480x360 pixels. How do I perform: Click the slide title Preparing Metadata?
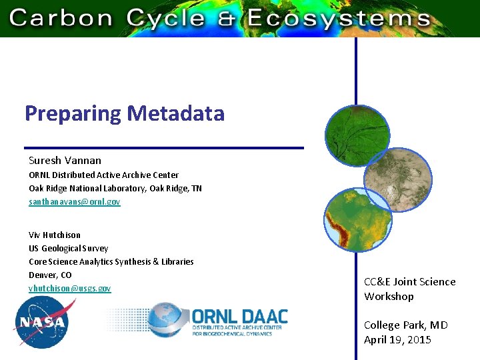click(125, 114)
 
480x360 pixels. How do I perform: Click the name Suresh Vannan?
click(65, 161)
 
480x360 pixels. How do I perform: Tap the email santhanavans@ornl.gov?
click(75, 201)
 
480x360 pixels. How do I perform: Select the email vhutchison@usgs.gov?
click(70, 288)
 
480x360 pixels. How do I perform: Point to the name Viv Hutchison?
click(55, 235)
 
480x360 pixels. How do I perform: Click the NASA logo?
click(41, 323)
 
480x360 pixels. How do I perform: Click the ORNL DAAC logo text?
click(240, 316)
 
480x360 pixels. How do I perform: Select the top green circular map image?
click(357, 136)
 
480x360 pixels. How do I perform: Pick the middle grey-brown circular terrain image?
click(397, 179)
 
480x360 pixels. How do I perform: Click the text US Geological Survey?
click(69, 248)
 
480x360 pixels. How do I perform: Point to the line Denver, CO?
click(50, 275)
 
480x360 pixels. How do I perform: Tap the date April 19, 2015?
click(397, 340)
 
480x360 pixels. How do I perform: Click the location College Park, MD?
click(405, 325)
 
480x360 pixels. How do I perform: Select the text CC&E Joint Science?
click(409, 282)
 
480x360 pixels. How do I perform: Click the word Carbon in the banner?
click(61, 17)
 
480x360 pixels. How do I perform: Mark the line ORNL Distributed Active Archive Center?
click(103, 175)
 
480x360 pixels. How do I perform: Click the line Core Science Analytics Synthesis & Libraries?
click(111, 261)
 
